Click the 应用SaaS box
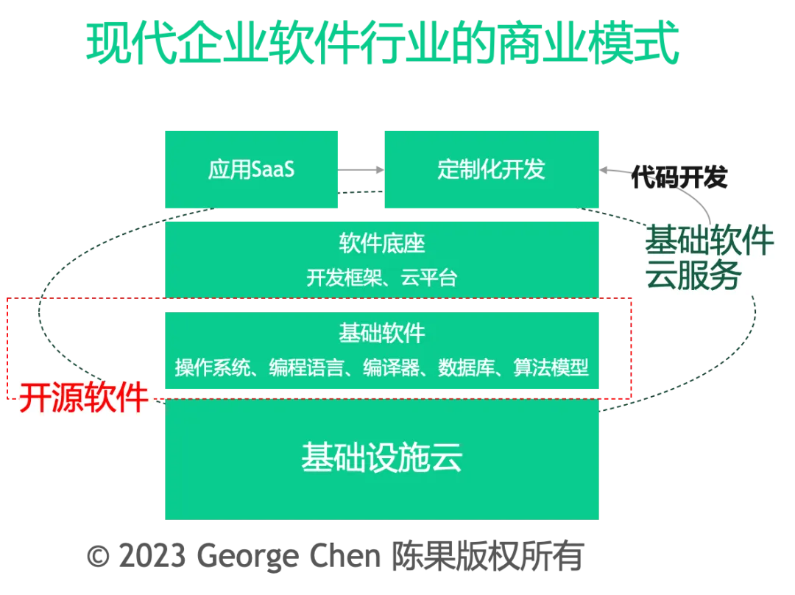(x=252, y=170)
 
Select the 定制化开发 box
(x=491, y=170)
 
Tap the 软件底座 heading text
(x=382, y=243)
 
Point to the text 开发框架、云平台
(x=382, y=278)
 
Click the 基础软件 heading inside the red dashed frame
(x=382, y=333)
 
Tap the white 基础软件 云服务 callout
(x=709, y=259)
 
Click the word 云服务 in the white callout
(x=693, y=278)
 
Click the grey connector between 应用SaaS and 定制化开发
(x=361, y=170)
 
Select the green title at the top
(x=382, y=43)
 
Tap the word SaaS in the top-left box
(x=273, y=170)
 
